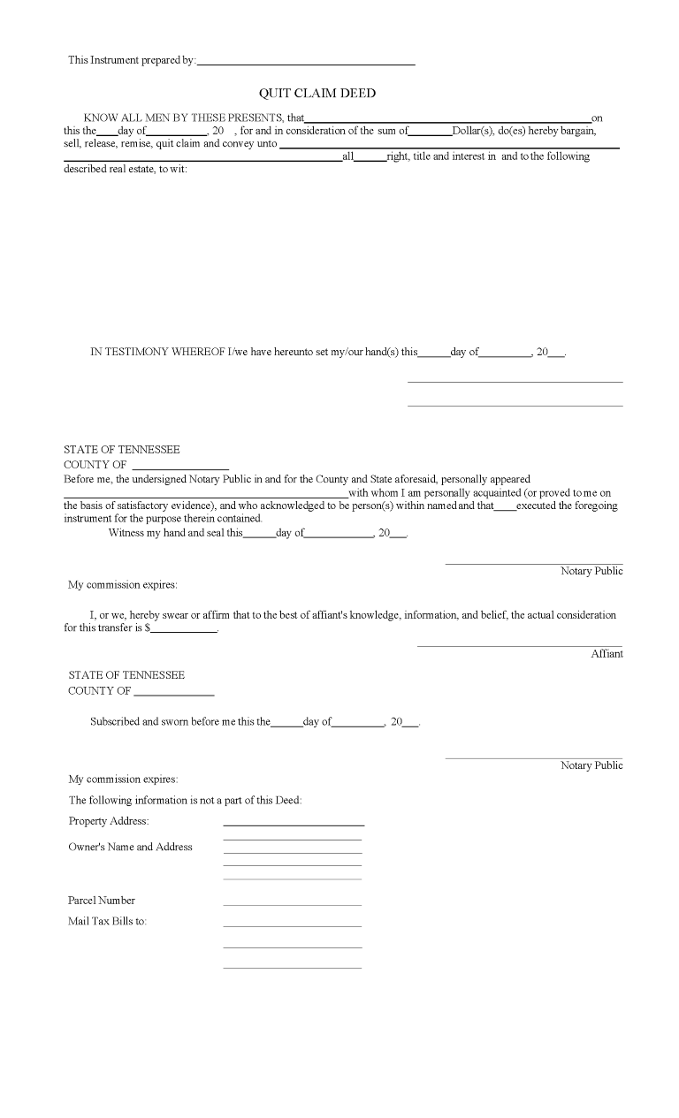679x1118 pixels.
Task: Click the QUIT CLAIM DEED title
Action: click(x=317, y=93)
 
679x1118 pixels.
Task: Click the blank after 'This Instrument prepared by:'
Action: click(x=306, y=63)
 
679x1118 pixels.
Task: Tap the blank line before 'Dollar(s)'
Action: click(x=431, y=133)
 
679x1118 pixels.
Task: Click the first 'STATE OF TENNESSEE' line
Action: click(x=121, y=450)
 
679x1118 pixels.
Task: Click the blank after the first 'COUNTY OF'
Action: click(x=180, y=468)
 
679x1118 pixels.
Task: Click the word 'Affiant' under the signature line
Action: click(x=607, y=654)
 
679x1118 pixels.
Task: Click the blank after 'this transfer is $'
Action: click(x=184, y=631)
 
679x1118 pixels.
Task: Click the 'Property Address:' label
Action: click(x=102, y=821)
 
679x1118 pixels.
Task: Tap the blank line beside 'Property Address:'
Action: click(x=294, y=824)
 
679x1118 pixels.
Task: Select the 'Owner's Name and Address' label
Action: click(x=130, y=847)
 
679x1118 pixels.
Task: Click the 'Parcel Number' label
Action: click(x=102, y=901)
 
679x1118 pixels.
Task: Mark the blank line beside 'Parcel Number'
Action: click(x=293, y=904)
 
